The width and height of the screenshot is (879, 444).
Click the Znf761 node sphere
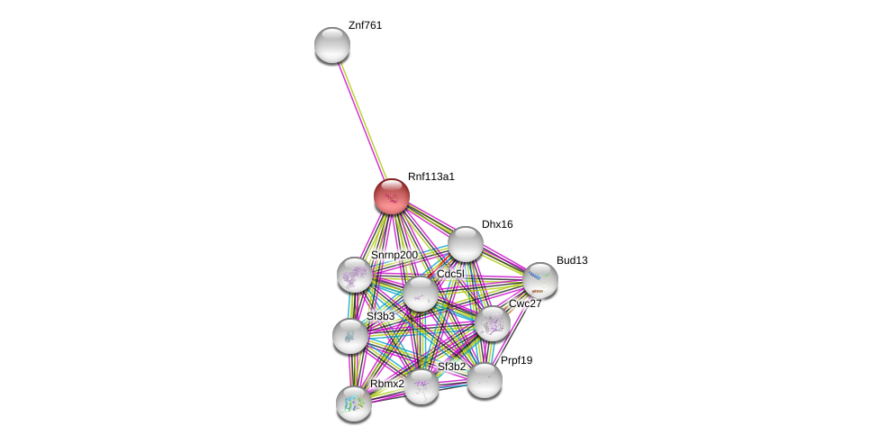pyautogui.click(x=332, y=45)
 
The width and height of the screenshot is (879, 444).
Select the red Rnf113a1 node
pyautogui.click(x=392, y=196)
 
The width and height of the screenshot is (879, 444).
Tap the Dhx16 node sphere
pyautogui.click(x=466, y=244)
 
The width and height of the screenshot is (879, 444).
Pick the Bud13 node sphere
pyautogui.click(x=540, y=280)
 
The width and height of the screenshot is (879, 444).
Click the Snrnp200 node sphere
pyautogui.click(x=355, y=275)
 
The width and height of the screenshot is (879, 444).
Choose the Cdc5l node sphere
pyautogui.click(x=421, y=294)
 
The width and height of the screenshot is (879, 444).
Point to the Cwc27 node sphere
pyautogui.click(x=493, y=323)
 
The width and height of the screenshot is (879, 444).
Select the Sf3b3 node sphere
pyautogui.click(x=350, y=336)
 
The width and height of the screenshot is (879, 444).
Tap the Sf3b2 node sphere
pyautogui.click(x=421, y=386)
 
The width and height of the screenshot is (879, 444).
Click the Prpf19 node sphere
pyautogui.click(x=485, y=380)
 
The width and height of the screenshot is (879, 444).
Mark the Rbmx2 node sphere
pyautogui.click(x=354, y=403)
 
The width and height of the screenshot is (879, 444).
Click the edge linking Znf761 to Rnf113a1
pyautogui.click(x=362, y=121)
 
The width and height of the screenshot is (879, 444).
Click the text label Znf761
pyautogui.click(x=365, y=26)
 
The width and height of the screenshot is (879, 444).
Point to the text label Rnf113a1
pyautogui.click(x=431, y=177)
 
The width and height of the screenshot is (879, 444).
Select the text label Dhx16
pyautogui.click(x=497, y=225)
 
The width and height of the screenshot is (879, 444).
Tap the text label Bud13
pyautogui.click(x=573, y=260)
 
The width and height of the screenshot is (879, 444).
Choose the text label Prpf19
pyautogui.click(x=516, y=360)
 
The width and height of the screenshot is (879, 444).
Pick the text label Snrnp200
pyautogui.click(x=394, y=256)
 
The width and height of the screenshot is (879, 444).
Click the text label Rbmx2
pyautogui.click(x=387, y=384)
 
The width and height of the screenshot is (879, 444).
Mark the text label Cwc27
pyautogui.click(x=525, y=304)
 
